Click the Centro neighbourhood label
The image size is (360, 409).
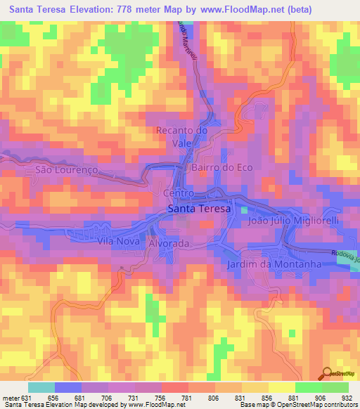pos(177,193)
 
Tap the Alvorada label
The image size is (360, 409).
pos(169,243)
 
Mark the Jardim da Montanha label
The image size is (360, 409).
pos(274,264)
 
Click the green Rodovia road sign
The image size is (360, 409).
pos(347,258)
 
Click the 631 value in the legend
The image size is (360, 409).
pos(27,396)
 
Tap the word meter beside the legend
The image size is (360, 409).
pos(10,396)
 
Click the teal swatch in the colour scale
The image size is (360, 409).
pos(41,387)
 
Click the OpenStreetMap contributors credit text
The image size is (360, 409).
pos(316,405)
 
